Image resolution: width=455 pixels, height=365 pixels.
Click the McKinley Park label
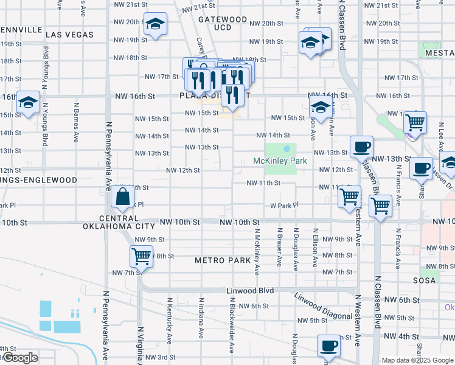point(280,161)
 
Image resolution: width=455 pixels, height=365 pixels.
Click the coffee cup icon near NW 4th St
point(329,345)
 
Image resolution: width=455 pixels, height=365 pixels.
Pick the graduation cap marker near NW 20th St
point(156,24)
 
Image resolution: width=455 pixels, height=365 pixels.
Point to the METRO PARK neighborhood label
point(223,260)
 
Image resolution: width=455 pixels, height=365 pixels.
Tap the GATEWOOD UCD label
point(223,24)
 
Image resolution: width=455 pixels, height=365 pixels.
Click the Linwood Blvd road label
point(251,291)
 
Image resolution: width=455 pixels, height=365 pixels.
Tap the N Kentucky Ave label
point(170,316)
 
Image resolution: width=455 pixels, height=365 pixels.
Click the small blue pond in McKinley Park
point(287,149)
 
